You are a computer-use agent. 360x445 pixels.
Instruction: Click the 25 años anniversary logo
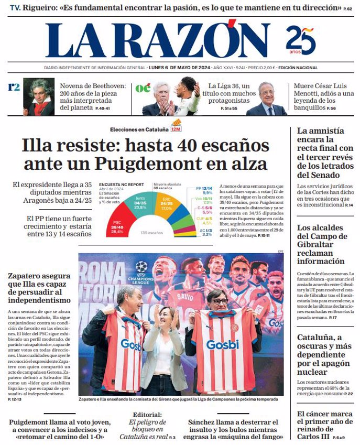click(x=300, y=40)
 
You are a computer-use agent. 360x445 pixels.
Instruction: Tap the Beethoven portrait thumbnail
click(x=39, y=97)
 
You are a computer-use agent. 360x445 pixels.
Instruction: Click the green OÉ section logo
click(x=143, y=88)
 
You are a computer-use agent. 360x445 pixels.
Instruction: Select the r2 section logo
click(x=14, y=87)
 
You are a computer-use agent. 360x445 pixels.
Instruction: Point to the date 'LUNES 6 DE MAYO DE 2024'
click(x=181, y=68)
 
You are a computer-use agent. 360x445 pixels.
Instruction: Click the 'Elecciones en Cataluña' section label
click(x=139, y=129)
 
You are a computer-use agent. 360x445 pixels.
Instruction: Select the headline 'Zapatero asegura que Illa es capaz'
click(x=39, y=288)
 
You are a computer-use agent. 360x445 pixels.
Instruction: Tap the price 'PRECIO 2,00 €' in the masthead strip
click(x=261, y=68)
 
